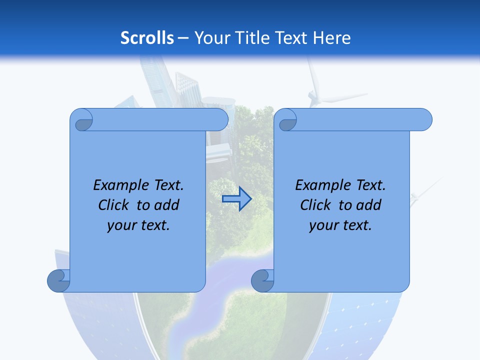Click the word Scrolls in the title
[147, 38]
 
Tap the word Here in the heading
[331, 38]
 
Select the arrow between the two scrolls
[236, 199]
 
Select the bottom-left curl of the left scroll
[58, 280]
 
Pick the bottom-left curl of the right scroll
[262, 280]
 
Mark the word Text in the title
[291, 38]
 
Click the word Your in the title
[210, 38]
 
